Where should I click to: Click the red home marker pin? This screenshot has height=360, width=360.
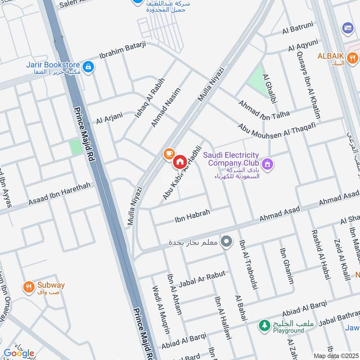pos(180,162)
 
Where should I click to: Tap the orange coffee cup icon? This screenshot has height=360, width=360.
pos(169,154)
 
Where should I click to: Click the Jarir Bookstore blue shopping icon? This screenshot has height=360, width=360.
pos(89,67)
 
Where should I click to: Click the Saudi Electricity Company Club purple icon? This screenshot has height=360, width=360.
pos(268,164)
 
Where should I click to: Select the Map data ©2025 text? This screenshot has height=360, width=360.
pos(335,355)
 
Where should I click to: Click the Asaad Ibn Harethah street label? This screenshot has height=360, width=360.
pos(59,193)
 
